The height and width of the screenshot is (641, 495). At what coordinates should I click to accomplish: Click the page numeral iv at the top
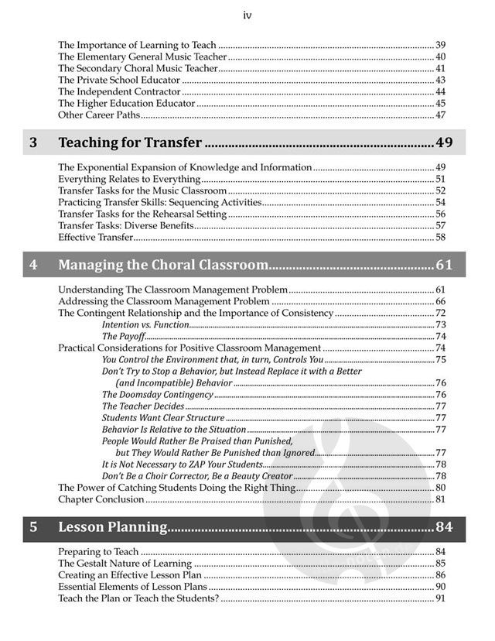pyautogui.click(x=247, y=15)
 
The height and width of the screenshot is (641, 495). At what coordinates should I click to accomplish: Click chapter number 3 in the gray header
pyautogui.click(x=32, y=142)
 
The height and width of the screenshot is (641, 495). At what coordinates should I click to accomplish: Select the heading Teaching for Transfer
pyautogui.click(x=130, y=142)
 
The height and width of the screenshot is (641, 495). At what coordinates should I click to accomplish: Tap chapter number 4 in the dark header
pyautogui.click(x=32, y=266)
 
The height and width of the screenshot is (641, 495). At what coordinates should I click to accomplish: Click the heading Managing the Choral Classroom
pyautogui.click(x=163, y=266)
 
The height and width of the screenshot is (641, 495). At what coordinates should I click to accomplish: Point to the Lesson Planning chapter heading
pyautogui.click(x=113, y=527)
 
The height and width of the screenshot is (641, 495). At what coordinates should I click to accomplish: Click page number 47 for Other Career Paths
pyautogui.click(x=440, y=115)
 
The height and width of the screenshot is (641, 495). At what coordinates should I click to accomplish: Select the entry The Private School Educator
pyautogui.click(x=119, y=80)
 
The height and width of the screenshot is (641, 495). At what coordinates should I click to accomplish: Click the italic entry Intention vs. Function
pyautogui.click(x=145, y=325)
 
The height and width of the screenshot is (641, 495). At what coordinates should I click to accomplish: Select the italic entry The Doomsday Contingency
pyautogui.click(x=157, y=394)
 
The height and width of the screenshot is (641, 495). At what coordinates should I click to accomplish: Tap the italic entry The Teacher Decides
pyautogui.click(x=143, y=406)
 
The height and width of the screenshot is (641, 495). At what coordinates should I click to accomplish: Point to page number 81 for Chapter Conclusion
pyautogui.click(x=440, y=499)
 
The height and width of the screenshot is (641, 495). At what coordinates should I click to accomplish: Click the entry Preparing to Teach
pyautogui.click(x=98, y=552)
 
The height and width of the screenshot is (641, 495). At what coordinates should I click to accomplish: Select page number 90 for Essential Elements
pyautogui.click(x=440, y=587)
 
